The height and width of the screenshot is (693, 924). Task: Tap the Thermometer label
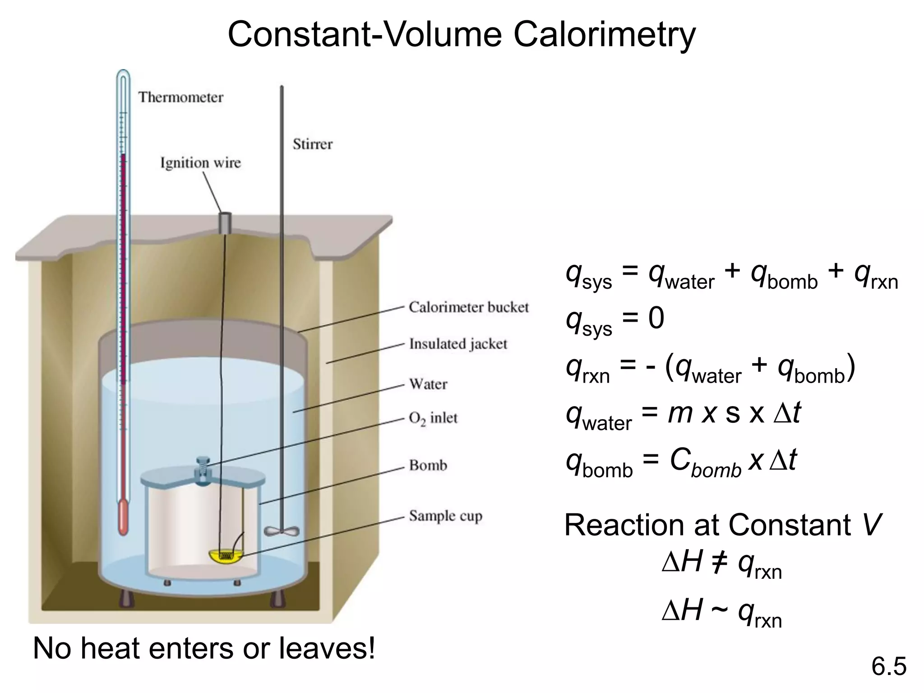point(180,97)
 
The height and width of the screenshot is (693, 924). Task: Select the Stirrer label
point(312,144)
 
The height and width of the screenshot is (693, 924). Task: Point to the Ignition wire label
point(200,163)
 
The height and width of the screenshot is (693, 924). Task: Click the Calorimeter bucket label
point(468,307)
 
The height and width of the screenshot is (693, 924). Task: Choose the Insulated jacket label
point(458,344)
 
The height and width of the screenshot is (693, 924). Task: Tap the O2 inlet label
point(433,418)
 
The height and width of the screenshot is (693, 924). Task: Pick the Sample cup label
point(445,516)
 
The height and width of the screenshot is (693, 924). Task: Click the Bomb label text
point(428,465)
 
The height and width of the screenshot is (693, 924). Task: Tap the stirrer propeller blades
point(282,531)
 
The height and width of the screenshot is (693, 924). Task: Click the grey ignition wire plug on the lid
point(225,223)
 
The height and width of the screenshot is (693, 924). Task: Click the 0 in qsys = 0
point(656,318)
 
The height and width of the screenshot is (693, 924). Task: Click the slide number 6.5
point(888,667)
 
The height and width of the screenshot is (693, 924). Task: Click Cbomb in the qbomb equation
point(705,462)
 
